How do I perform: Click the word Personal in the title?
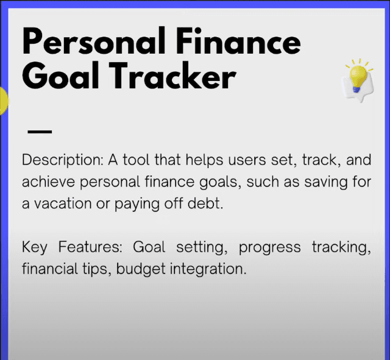pos(94,41)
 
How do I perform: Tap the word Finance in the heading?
pos(238,41)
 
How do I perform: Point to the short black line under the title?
pos(40,132)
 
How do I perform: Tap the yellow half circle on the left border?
pos(4,101)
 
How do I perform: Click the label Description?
pos(62,160)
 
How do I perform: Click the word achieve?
pos(48,182)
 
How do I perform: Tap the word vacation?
pos(63,203)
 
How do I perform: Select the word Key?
pos(34,247)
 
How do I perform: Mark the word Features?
pos(90,247)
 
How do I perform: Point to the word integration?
pos(208,269)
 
